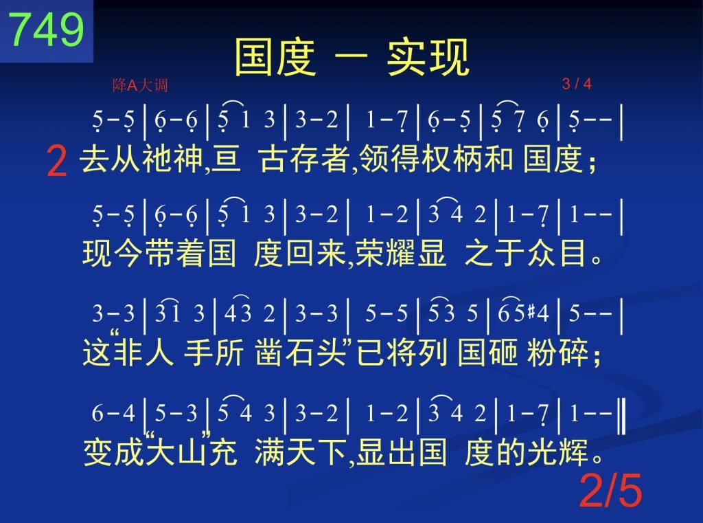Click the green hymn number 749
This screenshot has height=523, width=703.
47,29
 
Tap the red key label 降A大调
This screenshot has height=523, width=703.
140,85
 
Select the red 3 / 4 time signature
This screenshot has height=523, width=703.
577,83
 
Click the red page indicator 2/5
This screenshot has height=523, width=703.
610,490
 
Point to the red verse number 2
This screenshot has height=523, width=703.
57,162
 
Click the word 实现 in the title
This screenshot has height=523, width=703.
428,58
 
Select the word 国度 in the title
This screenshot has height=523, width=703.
275,58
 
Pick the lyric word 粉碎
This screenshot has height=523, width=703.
557,352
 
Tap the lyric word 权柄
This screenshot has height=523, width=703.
452,159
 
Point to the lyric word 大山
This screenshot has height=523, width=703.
178,452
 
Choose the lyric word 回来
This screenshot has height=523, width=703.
315,253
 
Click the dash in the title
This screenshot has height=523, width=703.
351,57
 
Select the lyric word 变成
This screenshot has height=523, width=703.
115,452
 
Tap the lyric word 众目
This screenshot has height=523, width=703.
557,253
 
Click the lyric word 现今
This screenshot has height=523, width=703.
113,253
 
